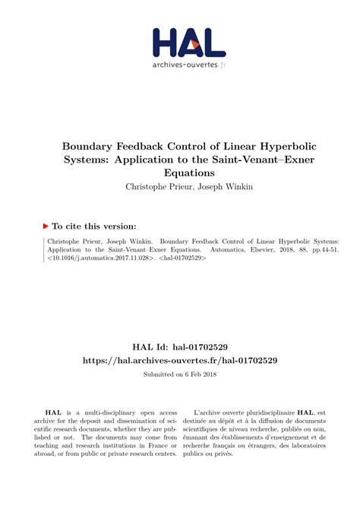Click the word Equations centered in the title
[x=180, y=174]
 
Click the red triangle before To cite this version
[x=46, y=226]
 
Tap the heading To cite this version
[x=95, y=226]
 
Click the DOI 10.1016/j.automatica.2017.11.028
[x=99, y=258]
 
